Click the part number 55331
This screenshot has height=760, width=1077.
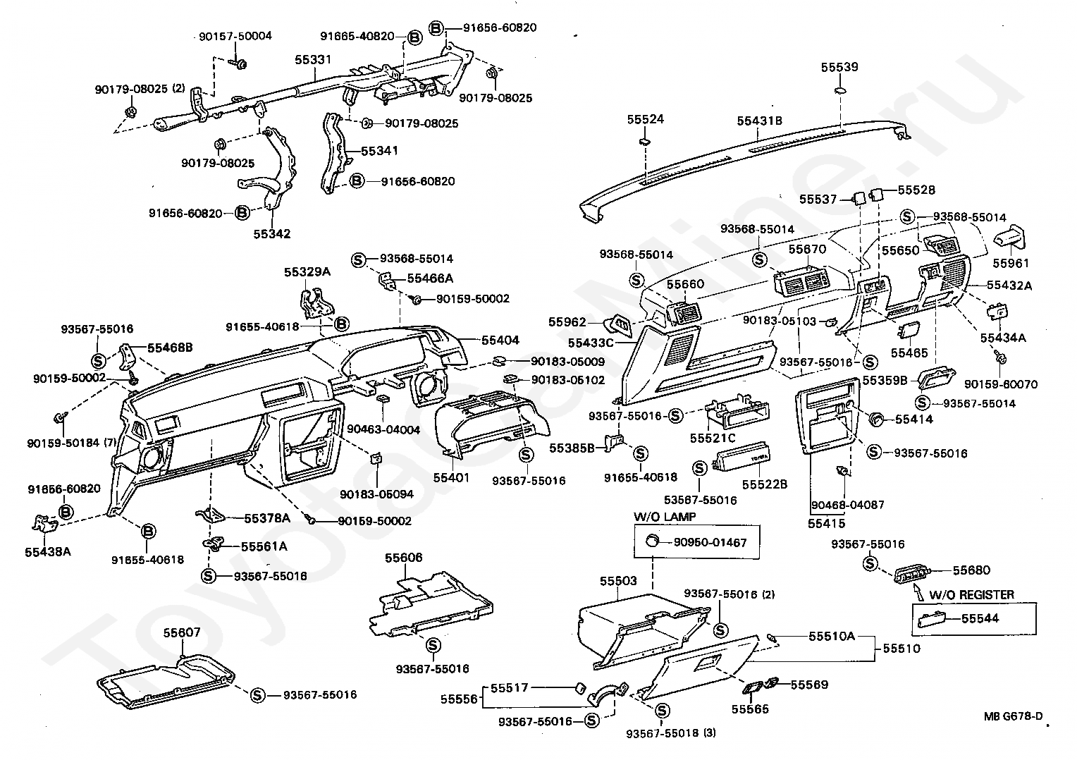click(x=313, y=61)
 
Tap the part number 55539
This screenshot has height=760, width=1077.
click(x=839, y=68)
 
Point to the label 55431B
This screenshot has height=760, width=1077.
click(x=760, y=121)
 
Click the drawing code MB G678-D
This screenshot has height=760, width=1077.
click(x=1014, y=717)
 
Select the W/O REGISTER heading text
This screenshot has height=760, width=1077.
click(x=971, y=595)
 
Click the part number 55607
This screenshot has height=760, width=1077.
click(x=183, y=632)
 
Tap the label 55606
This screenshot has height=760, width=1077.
click(x=403, y=558)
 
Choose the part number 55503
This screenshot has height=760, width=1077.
click(x=618, y=581)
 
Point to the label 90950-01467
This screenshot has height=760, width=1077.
click(x=710, y=542)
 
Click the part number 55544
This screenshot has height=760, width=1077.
click(x=980, y=618)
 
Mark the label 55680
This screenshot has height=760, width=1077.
click(x=971, y=570)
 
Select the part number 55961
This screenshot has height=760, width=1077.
click(x=1011, y=263)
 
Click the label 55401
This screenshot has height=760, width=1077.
click(x=451, y=477)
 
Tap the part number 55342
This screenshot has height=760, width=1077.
click(x=272, y=233)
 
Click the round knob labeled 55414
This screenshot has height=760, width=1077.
click(x=877, y=419)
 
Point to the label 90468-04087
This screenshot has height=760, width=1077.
click(x=847, y=505)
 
